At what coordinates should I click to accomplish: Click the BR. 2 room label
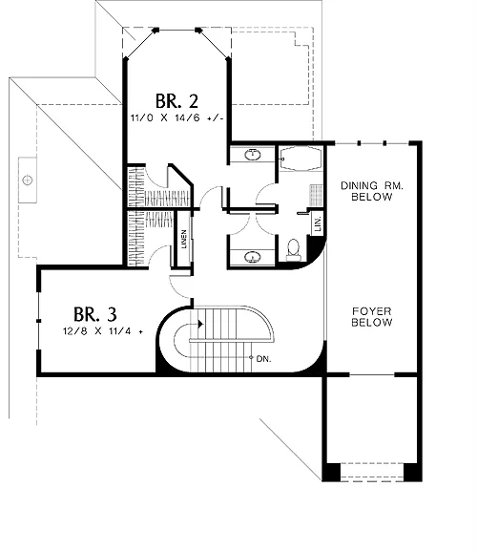[176, 101]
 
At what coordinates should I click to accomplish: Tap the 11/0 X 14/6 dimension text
[176, 118]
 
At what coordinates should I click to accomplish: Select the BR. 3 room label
[95, 314]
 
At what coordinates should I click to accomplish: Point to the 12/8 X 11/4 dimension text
[103, 331]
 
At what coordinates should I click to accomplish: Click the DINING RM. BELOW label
[372, 191]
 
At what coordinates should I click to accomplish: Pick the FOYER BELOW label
[372, 317]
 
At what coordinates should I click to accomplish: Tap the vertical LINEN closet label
[184, 240]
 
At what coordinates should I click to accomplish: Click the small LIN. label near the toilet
[318, 223]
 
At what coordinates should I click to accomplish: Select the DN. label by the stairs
[263, 359]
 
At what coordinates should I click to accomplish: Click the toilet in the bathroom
[294, 250]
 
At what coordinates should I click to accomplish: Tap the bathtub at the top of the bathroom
[301, 159]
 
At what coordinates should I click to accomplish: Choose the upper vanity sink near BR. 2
[253, 155]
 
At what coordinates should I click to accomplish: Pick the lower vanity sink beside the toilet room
[253, 257]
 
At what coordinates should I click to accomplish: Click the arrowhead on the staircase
[200, 324]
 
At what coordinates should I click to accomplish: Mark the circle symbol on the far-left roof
[28, 180]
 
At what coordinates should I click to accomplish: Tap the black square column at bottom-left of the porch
[332, 472]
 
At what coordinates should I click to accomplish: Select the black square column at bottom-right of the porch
[413, 472]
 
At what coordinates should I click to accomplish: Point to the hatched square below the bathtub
[316, 196]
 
